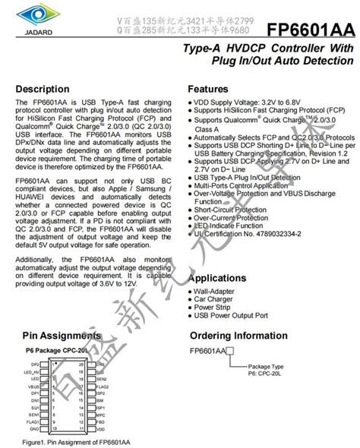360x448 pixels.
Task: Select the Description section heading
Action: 48,89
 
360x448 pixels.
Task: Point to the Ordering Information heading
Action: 245,334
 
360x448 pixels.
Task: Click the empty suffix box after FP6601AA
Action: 229,352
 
